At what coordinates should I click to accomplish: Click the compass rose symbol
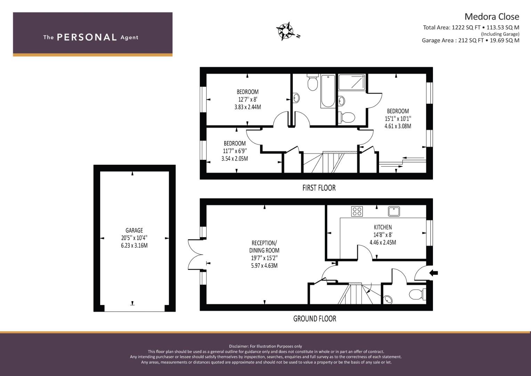pyautogui.click(x=285, y=31)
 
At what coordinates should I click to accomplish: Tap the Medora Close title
pyautogui.click(x=492, y=17)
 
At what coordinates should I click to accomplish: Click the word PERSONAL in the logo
pyautogui.click(x=87, y=37)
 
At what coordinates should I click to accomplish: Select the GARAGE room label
pyautogui.click(x=134, y=230)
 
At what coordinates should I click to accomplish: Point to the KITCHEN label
pyautogui.click(x=383, y=227)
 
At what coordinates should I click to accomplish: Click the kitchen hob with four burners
pyautogui.click(x=357, y=211)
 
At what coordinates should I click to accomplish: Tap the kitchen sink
pyautogui.click(x=394, y=211)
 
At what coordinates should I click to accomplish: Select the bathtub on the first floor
pyautogui.click(x=328, y=91)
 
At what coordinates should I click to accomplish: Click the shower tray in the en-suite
pyautogui.click(x=352, y=82)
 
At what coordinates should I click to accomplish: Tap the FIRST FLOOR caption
pyautogui.click(x=319, y=188)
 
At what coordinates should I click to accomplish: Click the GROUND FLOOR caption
pyautogui.click(x=315, y=319)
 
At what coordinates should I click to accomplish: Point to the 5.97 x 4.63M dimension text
pyautogui.click(x=264, y=265)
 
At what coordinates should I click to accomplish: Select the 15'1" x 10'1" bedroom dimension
pyautogui.click(x=398, y=118)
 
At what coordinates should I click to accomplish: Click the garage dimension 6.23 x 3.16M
pyautogui.click(x=134, y=245)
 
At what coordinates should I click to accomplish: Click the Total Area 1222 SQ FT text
pyautogui.click(x=452, y=28)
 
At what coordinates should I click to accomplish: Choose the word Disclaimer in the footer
pyautogui.click(x=239, y=346)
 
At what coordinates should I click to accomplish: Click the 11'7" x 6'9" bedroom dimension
pyautogui.click(x=235, y=151)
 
